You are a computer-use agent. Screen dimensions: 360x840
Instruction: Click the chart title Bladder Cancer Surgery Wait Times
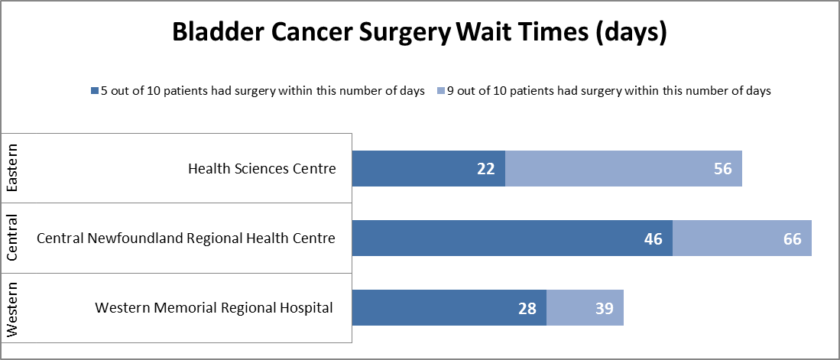[x=420, y=33]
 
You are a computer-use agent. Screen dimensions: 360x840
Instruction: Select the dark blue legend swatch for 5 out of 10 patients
[x=95, y=91]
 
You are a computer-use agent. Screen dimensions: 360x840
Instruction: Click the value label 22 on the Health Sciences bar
[x=486, y=169]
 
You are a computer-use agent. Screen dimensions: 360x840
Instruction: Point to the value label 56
[x=722, y=169]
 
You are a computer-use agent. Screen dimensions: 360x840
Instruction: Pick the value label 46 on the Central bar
[x=653, y=238]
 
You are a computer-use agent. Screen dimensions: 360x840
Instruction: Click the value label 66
[x=792, y=238]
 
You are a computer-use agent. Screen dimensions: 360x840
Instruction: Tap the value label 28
[x=527, y=308]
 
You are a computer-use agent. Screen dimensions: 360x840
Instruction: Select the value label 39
[x=604, y=308]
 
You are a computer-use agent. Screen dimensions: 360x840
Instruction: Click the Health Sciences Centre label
[x=261, y=169]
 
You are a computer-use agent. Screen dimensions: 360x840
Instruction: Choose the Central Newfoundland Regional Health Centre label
[x=186, y=238]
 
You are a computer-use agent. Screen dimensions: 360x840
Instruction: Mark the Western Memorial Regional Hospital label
[x=214, y=308]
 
